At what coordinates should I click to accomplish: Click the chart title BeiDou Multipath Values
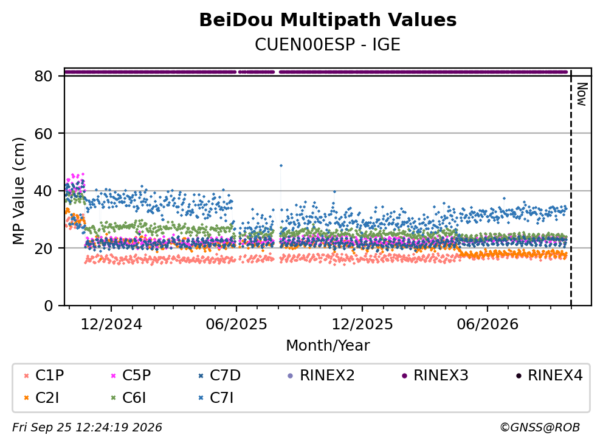click(x=328, y=20)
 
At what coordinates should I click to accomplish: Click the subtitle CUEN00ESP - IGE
click(x=328, y=44)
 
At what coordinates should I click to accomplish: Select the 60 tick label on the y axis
click(x=43, y=134)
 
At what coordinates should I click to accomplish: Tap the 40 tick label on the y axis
click(x=43, y=191)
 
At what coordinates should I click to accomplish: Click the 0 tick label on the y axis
click(x=49, y=306)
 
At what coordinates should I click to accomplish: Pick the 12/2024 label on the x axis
click(x=111, y=324)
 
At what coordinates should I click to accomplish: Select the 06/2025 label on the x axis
click(x=236, y=324)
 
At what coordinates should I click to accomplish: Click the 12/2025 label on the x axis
click(x=362, y=324)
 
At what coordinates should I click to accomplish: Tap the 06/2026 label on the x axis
click(x=488, y=324)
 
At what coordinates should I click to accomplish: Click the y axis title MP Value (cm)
click(x=18, y=191)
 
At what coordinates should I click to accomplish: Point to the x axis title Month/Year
click(x=328, y=345)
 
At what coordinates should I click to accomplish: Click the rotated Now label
click(x=582, y=94)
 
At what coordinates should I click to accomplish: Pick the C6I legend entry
click(x=128, y=398)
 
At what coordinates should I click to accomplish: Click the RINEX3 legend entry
click(x=435, y=376)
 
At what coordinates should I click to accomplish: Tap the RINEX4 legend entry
click(x=549, y=376)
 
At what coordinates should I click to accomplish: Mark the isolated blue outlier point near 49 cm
click(x=281, y=166)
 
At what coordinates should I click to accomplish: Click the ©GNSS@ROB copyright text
click(x=540, y=427)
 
